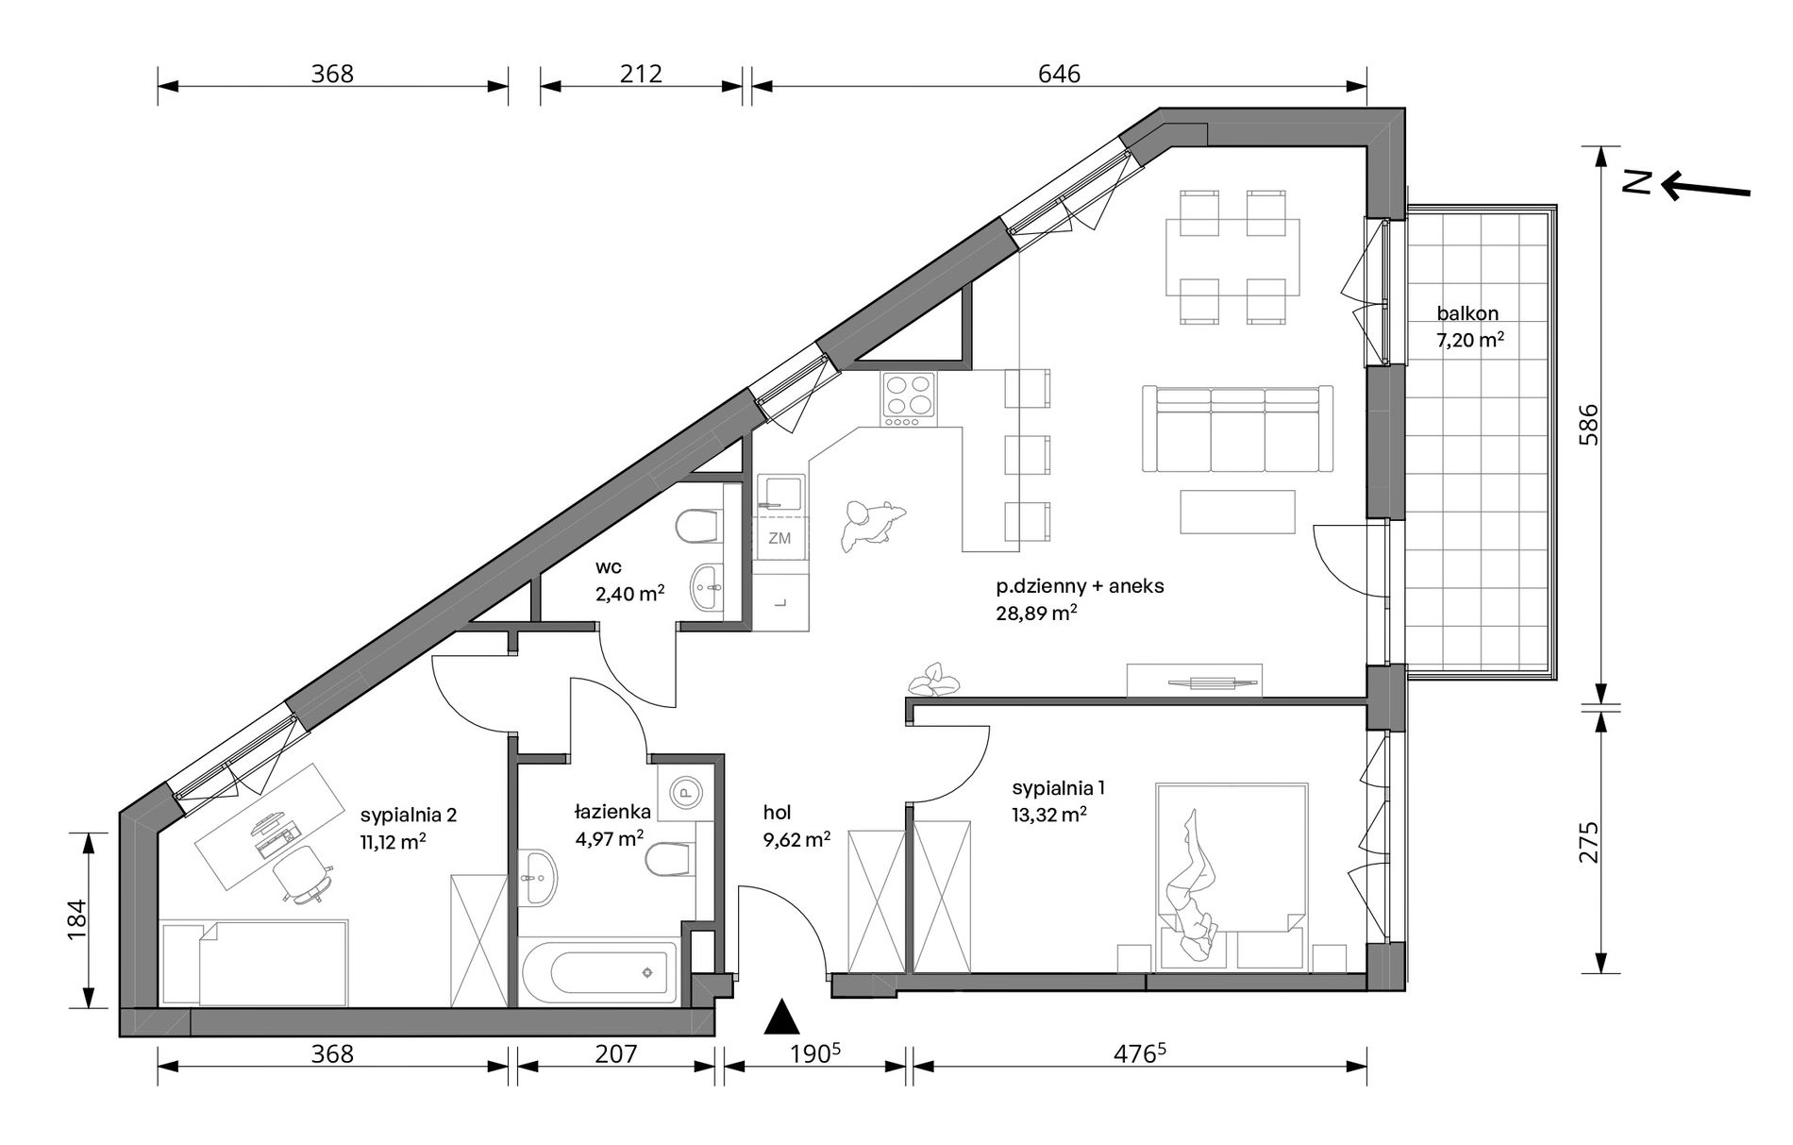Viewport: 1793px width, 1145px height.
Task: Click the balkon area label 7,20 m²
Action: [1469, 341]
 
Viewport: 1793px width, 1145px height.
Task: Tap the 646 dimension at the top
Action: [1059, 74]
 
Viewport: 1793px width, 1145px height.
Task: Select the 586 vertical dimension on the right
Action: [1588, 425]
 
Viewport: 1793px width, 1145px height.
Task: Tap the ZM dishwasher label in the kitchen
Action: [779, 538]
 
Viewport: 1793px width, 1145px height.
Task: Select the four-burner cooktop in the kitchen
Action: [909, 400]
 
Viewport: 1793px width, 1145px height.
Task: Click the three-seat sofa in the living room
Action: [1237, 429]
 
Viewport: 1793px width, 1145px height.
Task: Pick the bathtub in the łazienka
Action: [598, 971]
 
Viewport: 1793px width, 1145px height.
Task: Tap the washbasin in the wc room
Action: [706, 587]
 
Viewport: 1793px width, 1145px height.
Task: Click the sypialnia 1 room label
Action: [1057, 787]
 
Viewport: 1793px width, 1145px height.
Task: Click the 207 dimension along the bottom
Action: [617, 1053]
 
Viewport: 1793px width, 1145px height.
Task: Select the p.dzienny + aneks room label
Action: [1080, 586]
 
